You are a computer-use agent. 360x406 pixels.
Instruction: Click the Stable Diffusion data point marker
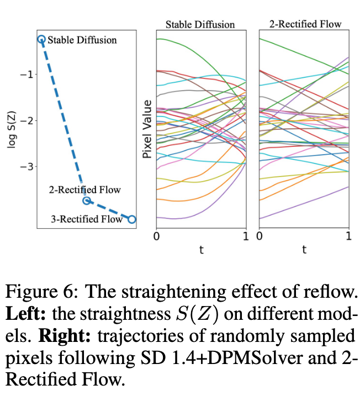click(x=41, y=39)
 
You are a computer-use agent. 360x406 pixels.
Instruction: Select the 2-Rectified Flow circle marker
click(x=87, y=201)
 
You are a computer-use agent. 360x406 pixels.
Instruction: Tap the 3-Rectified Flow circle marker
click(x=132, y=219)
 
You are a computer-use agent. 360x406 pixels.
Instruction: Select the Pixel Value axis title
click(x=147, y=129)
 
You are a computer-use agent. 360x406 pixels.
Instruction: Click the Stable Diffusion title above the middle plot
click(x=200, y=24)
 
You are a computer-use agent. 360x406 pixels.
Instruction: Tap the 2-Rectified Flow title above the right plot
click(x=305, y=24)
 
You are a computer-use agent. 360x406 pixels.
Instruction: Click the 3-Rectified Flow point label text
click(x=86, y=219)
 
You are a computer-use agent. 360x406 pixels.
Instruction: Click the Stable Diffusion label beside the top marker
click(x=82, y=40)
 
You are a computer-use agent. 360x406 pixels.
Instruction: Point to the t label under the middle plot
click(x=201, y=250)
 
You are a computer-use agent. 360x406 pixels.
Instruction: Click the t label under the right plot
click(x=304, y=250)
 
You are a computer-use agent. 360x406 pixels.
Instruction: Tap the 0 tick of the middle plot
click(x=156, y=236)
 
